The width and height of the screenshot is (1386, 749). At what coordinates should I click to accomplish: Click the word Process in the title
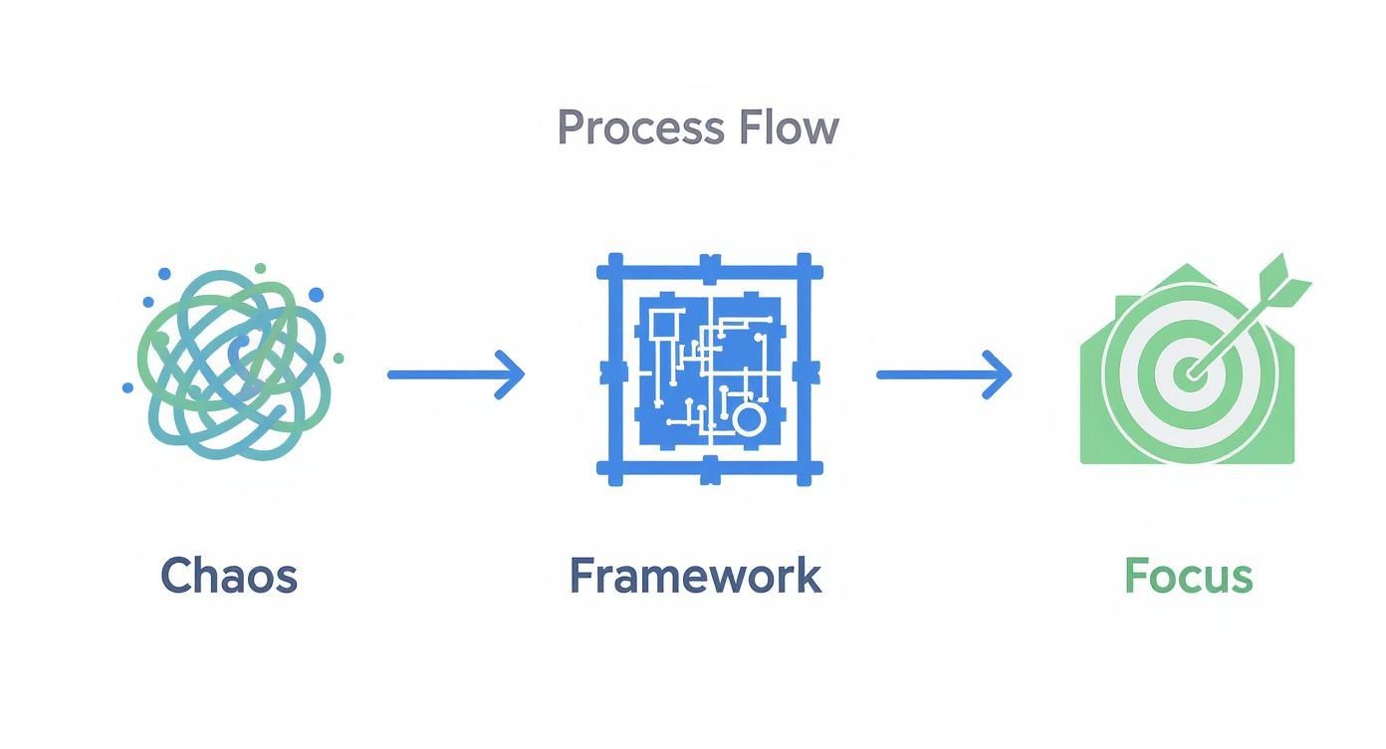(x=641, y=128)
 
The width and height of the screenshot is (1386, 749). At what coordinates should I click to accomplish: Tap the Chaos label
(x=229, y=576)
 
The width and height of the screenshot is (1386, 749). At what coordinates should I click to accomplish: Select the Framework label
(x=695, y=576)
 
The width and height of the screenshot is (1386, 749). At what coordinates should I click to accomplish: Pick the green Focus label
(x=1188, y=576)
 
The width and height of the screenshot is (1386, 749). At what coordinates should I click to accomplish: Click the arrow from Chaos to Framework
(x=455, y=374)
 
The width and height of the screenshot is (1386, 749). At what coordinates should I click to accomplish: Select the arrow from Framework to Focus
(x=944, y=374)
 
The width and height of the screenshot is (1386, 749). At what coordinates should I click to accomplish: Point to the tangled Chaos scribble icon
(x=235, y=365)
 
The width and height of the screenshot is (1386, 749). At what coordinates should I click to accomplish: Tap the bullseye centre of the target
(x=1188, y=375)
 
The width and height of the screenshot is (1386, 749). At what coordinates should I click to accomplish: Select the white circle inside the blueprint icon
(x=748, y=418)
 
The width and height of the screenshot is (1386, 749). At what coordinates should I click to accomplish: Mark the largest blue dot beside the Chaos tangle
(x=316, y=295)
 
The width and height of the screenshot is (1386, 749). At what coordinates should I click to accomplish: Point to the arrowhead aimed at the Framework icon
(x=512, y=374)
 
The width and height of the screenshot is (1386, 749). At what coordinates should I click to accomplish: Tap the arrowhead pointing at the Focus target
(x=1000, y=374)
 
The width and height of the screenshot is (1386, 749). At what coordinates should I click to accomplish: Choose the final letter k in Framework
(x=809, y=576)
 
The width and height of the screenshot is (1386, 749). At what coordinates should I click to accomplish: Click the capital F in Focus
(x=1136, y=576)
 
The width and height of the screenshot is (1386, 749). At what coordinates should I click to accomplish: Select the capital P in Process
(x=571, y=128)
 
